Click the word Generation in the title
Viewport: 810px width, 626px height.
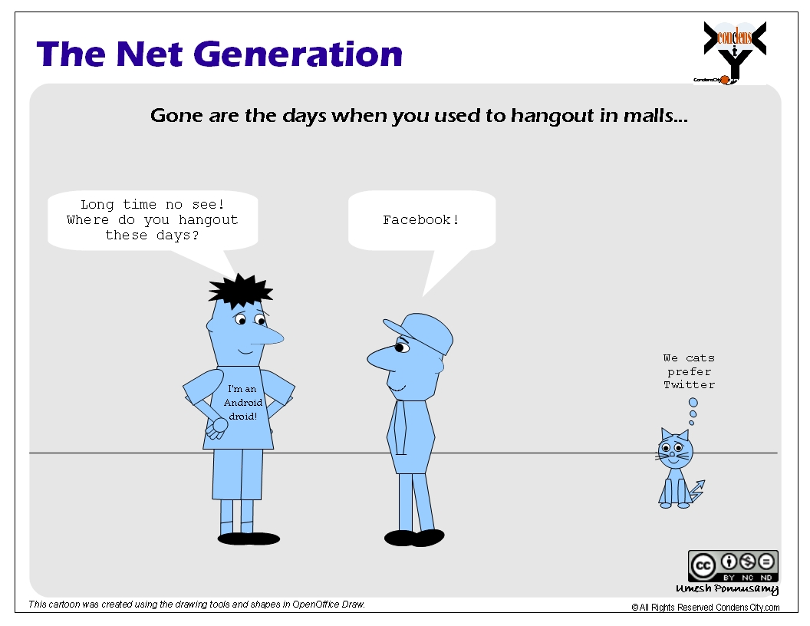tap(299, 54)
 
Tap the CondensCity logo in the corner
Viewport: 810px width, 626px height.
tap(734, 51)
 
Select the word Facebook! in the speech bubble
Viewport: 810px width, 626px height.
tap(421, 220)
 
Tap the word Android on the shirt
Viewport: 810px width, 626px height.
tap(243, 402)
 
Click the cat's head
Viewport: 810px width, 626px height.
tap(675, 448)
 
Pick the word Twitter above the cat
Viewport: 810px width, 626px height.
tap(689, 385)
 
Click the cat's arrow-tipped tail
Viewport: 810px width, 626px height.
tap(697, 491)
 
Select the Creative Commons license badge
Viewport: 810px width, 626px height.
tap(733, 566)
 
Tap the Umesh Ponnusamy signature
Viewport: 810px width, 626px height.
tap(727, 589)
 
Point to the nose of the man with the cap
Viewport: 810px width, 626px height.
tap(380, 358)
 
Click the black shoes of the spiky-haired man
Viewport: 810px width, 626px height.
tap(249, 539)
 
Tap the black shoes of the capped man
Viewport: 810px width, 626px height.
tap(414, 538)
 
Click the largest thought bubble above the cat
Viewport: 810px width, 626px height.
tap(693, 402)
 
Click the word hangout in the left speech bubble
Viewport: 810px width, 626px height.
tap(208, 220)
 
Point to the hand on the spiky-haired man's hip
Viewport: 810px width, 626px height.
tap(217, 427)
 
